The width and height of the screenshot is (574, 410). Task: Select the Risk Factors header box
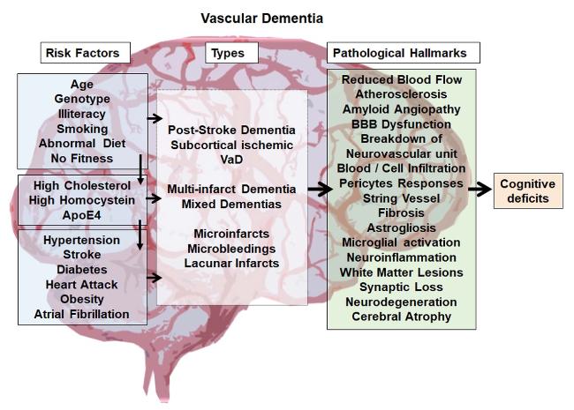pyautogui.click(x=82, y=53)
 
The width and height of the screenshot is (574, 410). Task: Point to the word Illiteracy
pyautogui.click(x=81, y=114)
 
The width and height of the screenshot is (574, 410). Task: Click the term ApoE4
pyautogui.click(x=81, y=214)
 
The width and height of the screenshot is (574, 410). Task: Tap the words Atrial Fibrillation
pyautogui.click(x=81, y=314)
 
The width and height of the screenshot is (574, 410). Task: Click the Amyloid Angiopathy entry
pyautogui.click(x=401, y=108)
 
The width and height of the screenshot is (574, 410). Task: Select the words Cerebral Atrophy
pyautogui.click(x=401, y=317)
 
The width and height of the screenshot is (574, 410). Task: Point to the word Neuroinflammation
pyautogui.click(x=401, y=257)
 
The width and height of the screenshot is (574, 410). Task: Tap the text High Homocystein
pyautogui.click(x=81, y=200)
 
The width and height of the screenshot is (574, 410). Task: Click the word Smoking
pyautogui.click(x=81, y=129)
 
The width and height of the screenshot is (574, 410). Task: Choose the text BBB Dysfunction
pyautogui.click(x=401, y=123)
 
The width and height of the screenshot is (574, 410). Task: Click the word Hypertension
pyautogui.click(x=81, y=240)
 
